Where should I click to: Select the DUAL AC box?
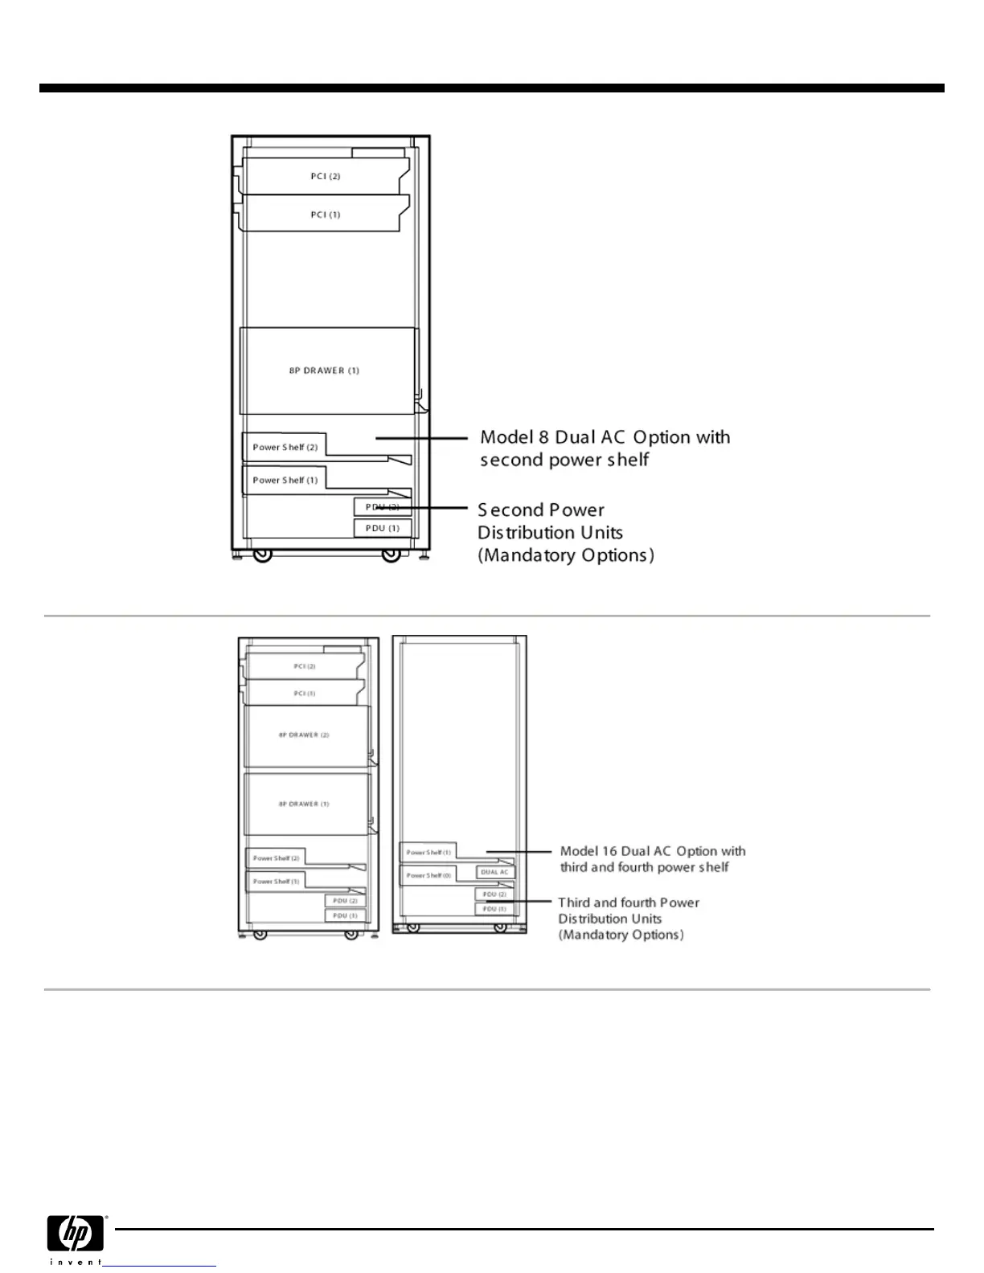pos(494,872)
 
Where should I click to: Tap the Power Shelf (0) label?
pos(428,875)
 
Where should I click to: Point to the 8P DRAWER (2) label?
pos(304,735)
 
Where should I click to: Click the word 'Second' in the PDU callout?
pos(510,510)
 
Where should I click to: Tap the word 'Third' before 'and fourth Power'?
pos(574,903)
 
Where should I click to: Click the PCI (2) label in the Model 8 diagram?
pos(326,176)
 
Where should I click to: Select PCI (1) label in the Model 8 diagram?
pos(326,215)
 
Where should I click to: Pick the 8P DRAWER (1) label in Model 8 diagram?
pos(324,370)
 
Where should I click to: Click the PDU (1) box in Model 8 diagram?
pos(383,528)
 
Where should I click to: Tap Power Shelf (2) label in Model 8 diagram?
pos(285,447)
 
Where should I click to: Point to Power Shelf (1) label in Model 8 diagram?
pos(285,480)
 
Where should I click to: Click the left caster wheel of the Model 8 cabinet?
pos(262,555)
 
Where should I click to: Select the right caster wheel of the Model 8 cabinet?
pos(391,555)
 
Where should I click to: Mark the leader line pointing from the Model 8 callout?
pos(422,438)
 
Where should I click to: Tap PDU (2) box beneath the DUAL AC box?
pos(494,894)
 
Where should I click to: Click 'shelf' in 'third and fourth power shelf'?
pos(714,867)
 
